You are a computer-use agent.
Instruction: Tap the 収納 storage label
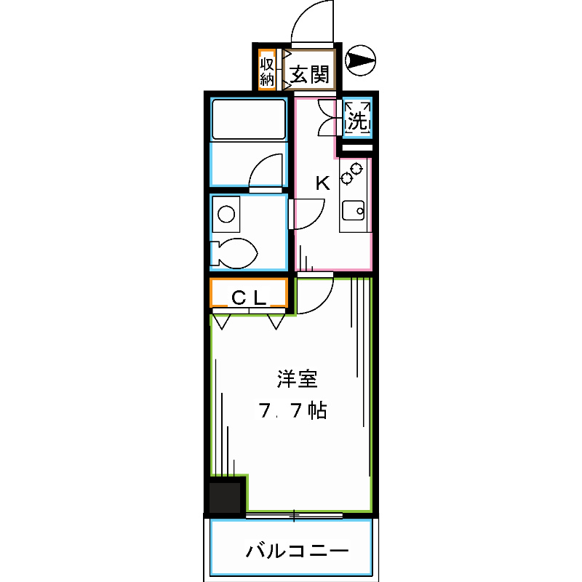pyautogui.click(x=266, y=69)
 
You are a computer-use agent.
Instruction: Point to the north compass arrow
pyautogui.click(x=359, y=60)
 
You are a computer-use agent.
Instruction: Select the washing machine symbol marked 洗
pyautogui.click(x=357, y=118)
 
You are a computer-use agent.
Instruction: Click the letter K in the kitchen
pyautogui.click(x=322, y=183)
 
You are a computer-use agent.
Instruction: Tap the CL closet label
pyautogui.click(x=248, y=296)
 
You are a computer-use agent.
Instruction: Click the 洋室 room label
pyautogui.click(x=296, y=379)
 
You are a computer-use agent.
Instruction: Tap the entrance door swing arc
pyautogui.click(x=310, y=22)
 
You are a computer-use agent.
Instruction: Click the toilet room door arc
pyautogui.click(x=307, y=212)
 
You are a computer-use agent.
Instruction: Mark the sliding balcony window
pyautogui.click(x=294, y=516)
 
